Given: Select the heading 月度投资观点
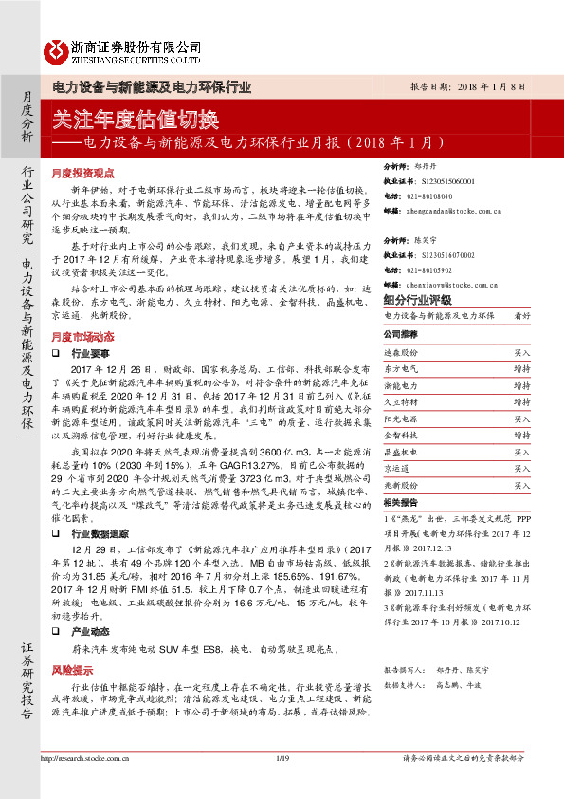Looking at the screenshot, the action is [82, 174].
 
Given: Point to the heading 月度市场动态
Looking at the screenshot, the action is [82, 336].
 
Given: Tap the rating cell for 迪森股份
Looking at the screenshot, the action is [521, 352].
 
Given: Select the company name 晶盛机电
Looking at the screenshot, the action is [400, 452].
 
